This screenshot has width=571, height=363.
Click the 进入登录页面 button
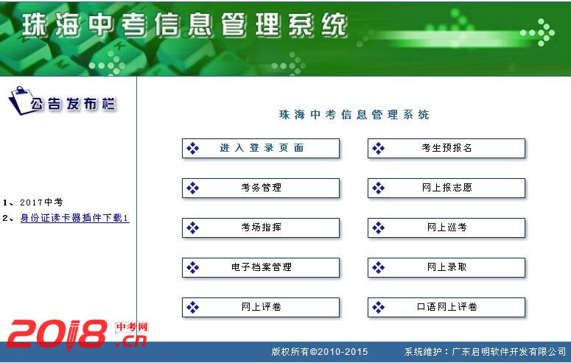261,148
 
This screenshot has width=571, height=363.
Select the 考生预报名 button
446,148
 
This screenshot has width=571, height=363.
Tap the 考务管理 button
261,188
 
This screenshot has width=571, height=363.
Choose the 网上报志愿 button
446,188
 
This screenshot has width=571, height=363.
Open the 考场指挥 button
261,228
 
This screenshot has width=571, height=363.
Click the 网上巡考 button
446,228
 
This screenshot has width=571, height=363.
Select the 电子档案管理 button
261,267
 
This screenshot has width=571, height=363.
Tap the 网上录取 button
446,267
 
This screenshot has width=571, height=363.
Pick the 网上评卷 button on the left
261,307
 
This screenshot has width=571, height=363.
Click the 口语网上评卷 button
446,307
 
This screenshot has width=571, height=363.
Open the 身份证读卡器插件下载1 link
74,218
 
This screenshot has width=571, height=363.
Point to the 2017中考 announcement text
41,202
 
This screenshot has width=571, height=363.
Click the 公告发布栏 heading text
73,104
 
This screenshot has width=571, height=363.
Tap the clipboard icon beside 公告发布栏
19,100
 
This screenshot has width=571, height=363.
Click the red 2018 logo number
57,334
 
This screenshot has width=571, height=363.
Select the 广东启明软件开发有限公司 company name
509,352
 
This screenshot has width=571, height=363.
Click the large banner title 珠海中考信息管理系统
184,25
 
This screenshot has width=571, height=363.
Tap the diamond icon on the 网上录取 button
379,267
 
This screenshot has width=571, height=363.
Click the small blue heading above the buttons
354,115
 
